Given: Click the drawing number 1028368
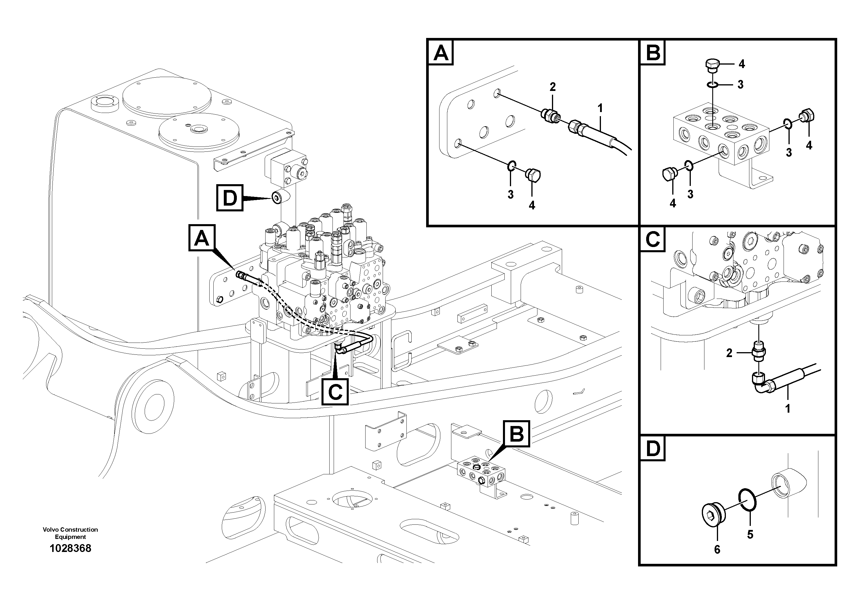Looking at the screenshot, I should click(70, 548).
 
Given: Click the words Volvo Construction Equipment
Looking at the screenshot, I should click(70, 533).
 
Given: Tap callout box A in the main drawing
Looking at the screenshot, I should click(201, 238).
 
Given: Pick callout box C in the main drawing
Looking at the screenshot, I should click(335, 392).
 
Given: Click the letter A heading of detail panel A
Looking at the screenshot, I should click(441, 53).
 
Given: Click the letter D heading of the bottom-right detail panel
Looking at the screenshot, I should click(653, 449).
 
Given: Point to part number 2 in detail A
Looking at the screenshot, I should click(552, 87).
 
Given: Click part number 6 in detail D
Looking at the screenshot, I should click(717, 550).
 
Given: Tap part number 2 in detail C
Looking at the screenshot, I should click(729, 353).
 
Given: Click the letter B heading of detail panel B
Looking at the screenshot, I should click(653, 53).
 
